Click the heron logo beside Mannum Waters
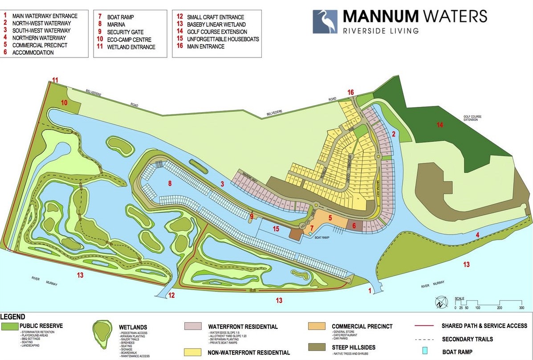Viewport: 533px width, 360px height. (325, 22)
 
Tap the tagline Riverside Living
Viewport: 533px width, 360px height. (381, 31)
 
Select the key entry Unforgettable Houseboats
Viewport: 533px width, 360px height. (223, 39)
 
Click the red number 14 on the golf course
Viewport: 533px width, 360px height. (440, 125)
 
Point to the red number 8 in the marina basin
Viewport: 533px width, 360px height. (169, 183)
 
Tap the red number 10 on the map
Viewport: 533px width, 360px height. (64, 102)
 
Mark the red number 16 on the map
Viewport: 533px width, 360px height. (351, 92)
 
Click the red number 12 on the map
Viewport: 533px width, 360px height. (172, 295)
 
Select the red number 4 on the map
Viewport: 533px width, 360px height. (477, 235)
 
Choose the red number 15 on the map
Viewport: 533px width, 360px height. (276, 229)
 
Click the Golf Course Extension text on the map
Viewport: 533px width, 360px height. (472, 118)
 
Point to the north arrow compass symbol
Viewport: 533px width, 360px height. (439, 303)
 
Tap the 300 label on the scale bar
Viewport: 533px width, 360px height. (521, 308)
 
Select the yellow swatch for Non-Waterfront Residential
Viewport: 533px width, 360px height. (193, 352)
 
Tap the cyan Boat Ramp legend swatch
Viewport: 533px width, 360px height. (424, 352)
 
